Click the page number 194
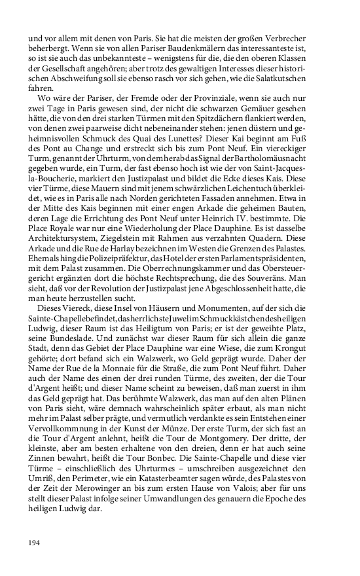35,542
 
